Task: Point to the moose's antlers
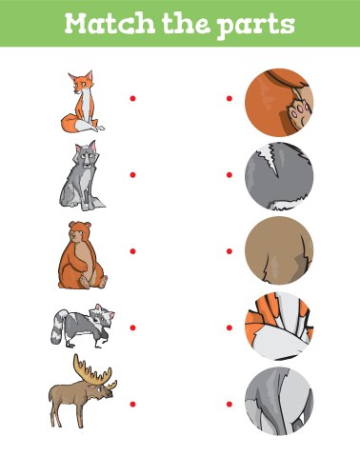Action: tap(95, 368)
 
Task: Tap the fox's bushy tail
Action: tap(70, 122)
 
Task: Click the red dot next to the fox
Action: tap(132, 97)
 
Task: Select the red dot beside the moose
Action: tap(132, 404)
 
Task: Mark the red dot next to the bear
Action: tap(132, 251)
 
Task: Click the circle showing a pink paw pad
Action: tap(280, 99)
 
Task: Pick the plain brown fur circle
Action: tap(280, 251)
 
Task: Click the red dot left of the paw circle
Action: tap(229, 97)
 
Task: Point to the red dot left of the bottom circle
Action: tap(229, 404)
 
